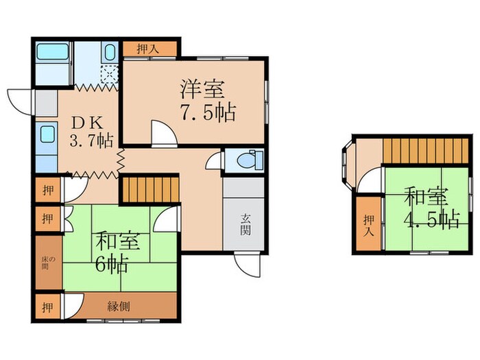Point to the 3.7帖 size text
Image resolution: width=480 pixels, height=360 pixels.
[92, 143]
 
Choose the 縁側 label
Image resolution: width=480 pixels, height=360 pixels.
[119, 307]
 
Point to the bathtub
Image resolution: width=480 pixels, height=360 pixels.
[52, 56]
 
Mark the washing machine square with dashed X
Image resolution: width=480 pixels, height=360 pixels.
[110, 74]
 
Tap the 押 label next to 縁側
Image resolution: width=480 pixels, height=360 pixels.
[45, 307]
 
